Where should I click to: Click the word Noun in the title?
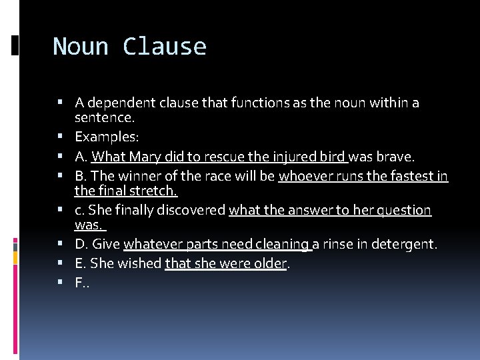pyautogui.click(x=81, y=47)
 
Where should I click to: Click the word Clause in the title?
pyautogui.click(x=165, y=47)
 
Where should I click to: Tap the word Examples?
pyautogui.click(x=106, y=137)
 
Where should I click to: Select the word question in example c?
pyautogui.click(x=403, y=211)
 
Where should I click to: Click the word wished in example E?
pyautogui.click(x=140, y=263)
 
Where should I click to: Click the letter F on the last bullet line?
pyautogui.click(x=79, y=283)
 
